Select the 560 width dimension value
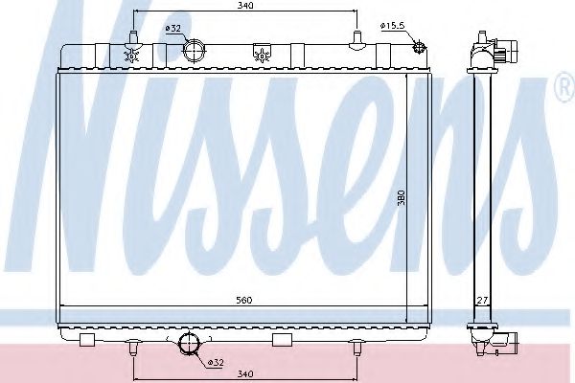pyautogui.click(x=245, y=300)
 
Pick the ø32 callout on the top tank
pyautogui.click(x=172, y=28)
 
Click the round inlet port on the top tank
pyautogui.click(x=197, y=52)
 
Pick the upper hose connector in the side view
pyautogui.click(x=508, y=48)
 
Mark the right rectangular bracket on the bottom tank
pyautogui.click(x=282, y=340)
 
